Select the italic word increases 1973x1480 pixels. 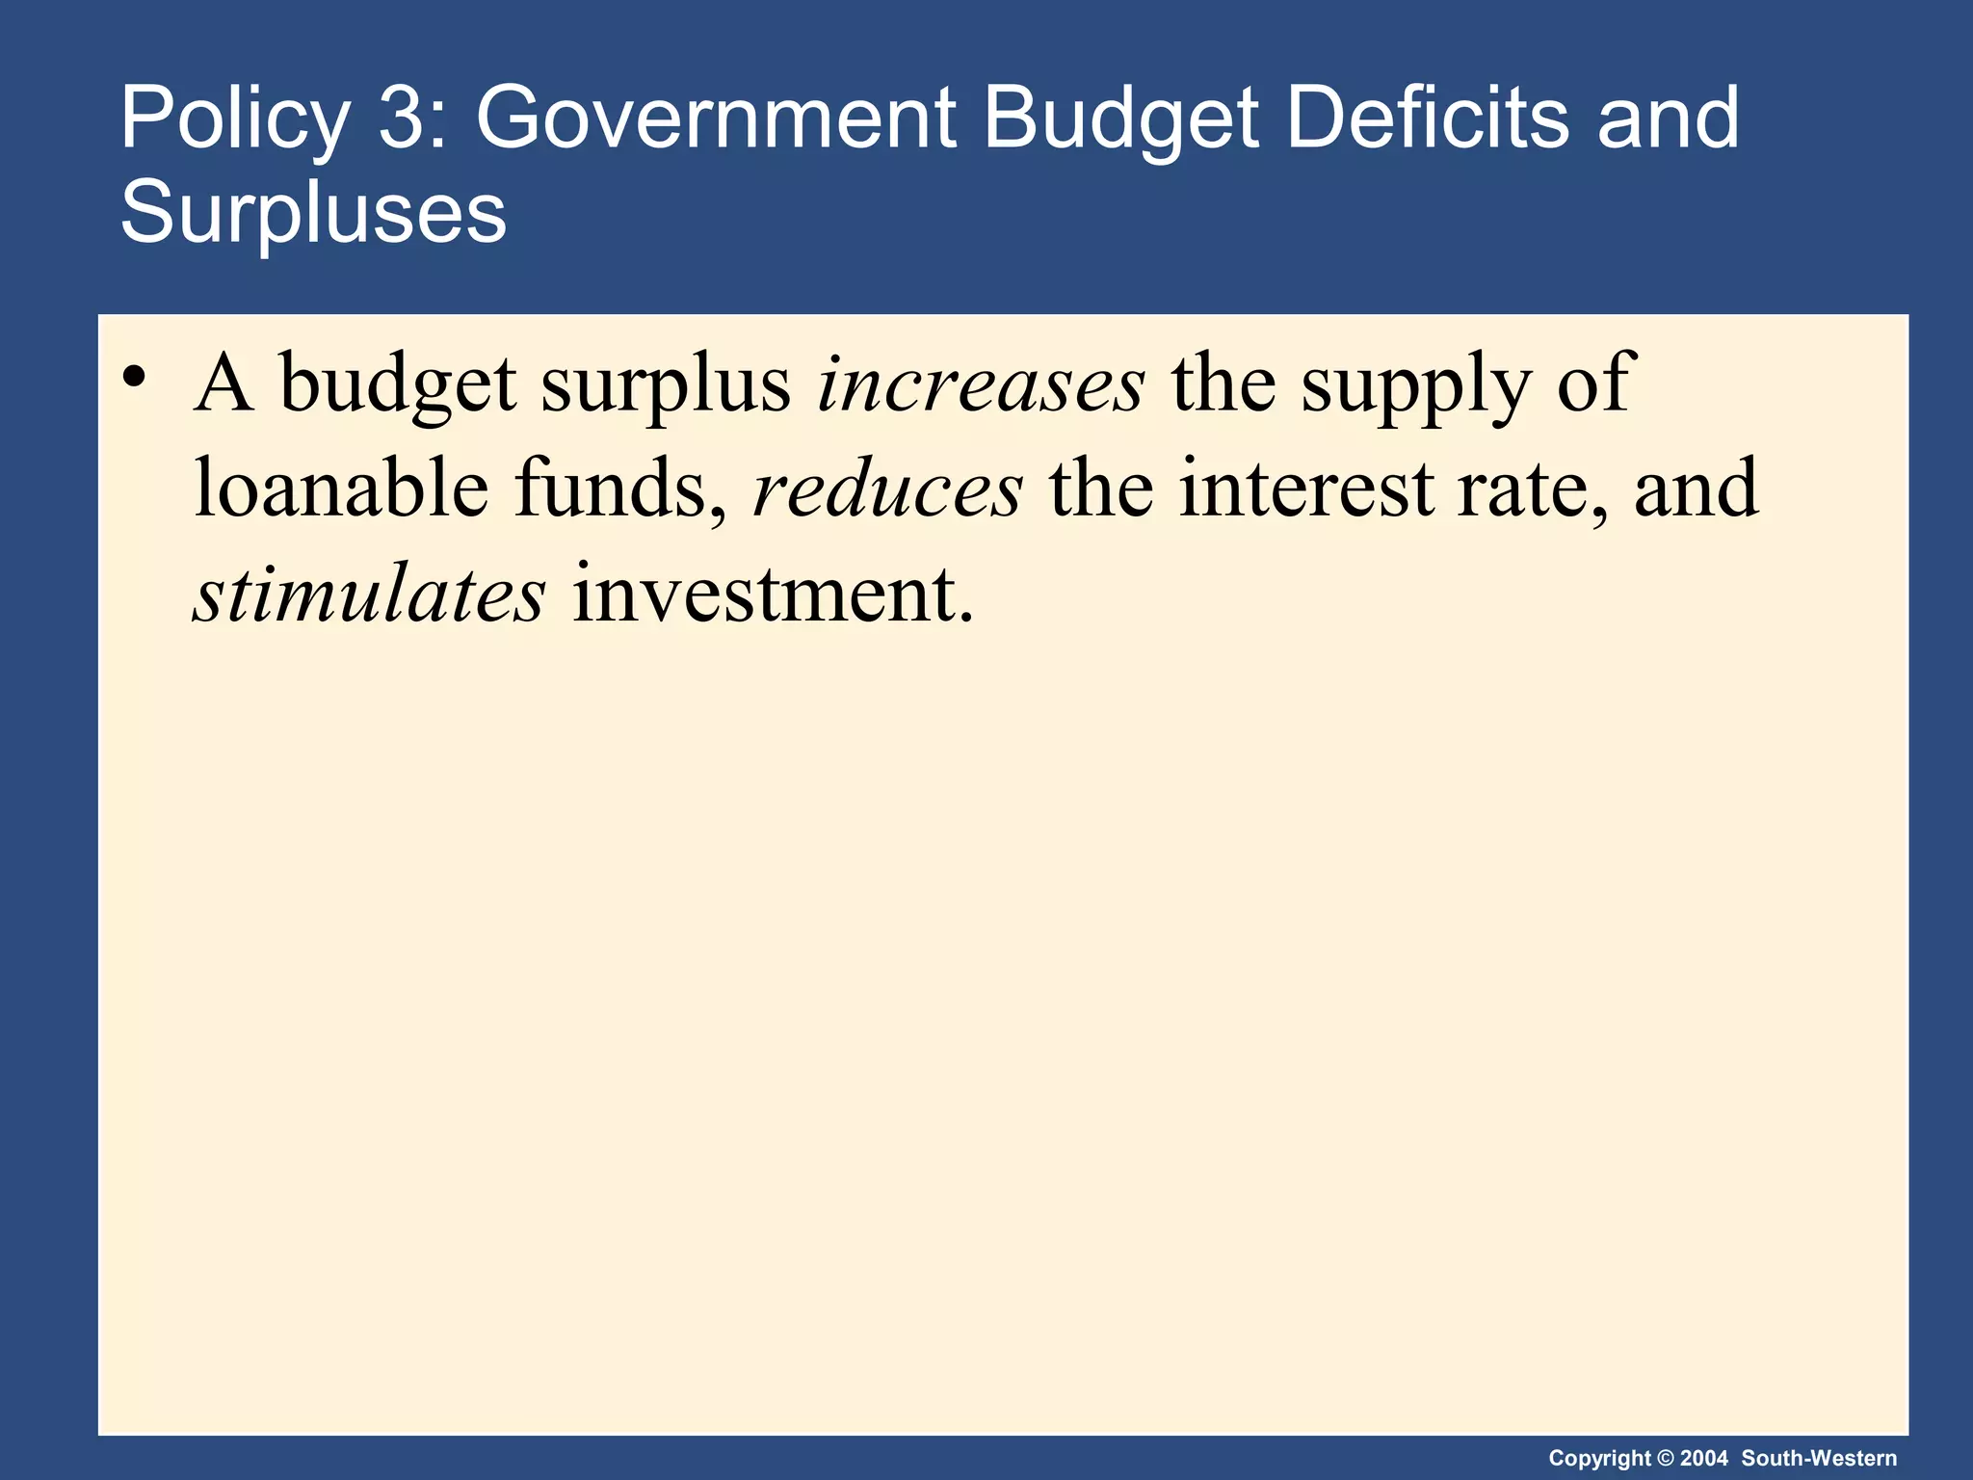click(x=981, y=384)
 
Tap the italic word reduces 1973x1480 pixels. click(x=887, y=489)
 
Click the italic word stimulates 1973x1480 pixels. click(x=370, y=595)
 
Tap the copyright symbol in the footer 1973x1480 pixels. click(x=1665, y=1458)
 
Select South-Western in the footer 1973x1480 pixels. click(x=1819, y=1458)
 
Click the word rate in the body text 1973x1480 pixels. click(x=1532, y=489)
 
